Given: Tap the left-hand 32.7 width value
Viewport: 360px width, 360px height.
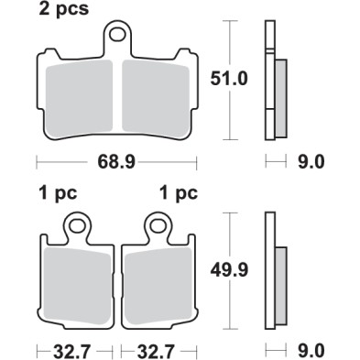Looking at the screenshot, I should pyautogui.click(x=74, y=350).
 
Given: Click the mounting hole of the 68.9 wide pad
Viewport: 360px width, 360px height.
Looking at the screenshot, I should pyautogui.click(x=117, y=38).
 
